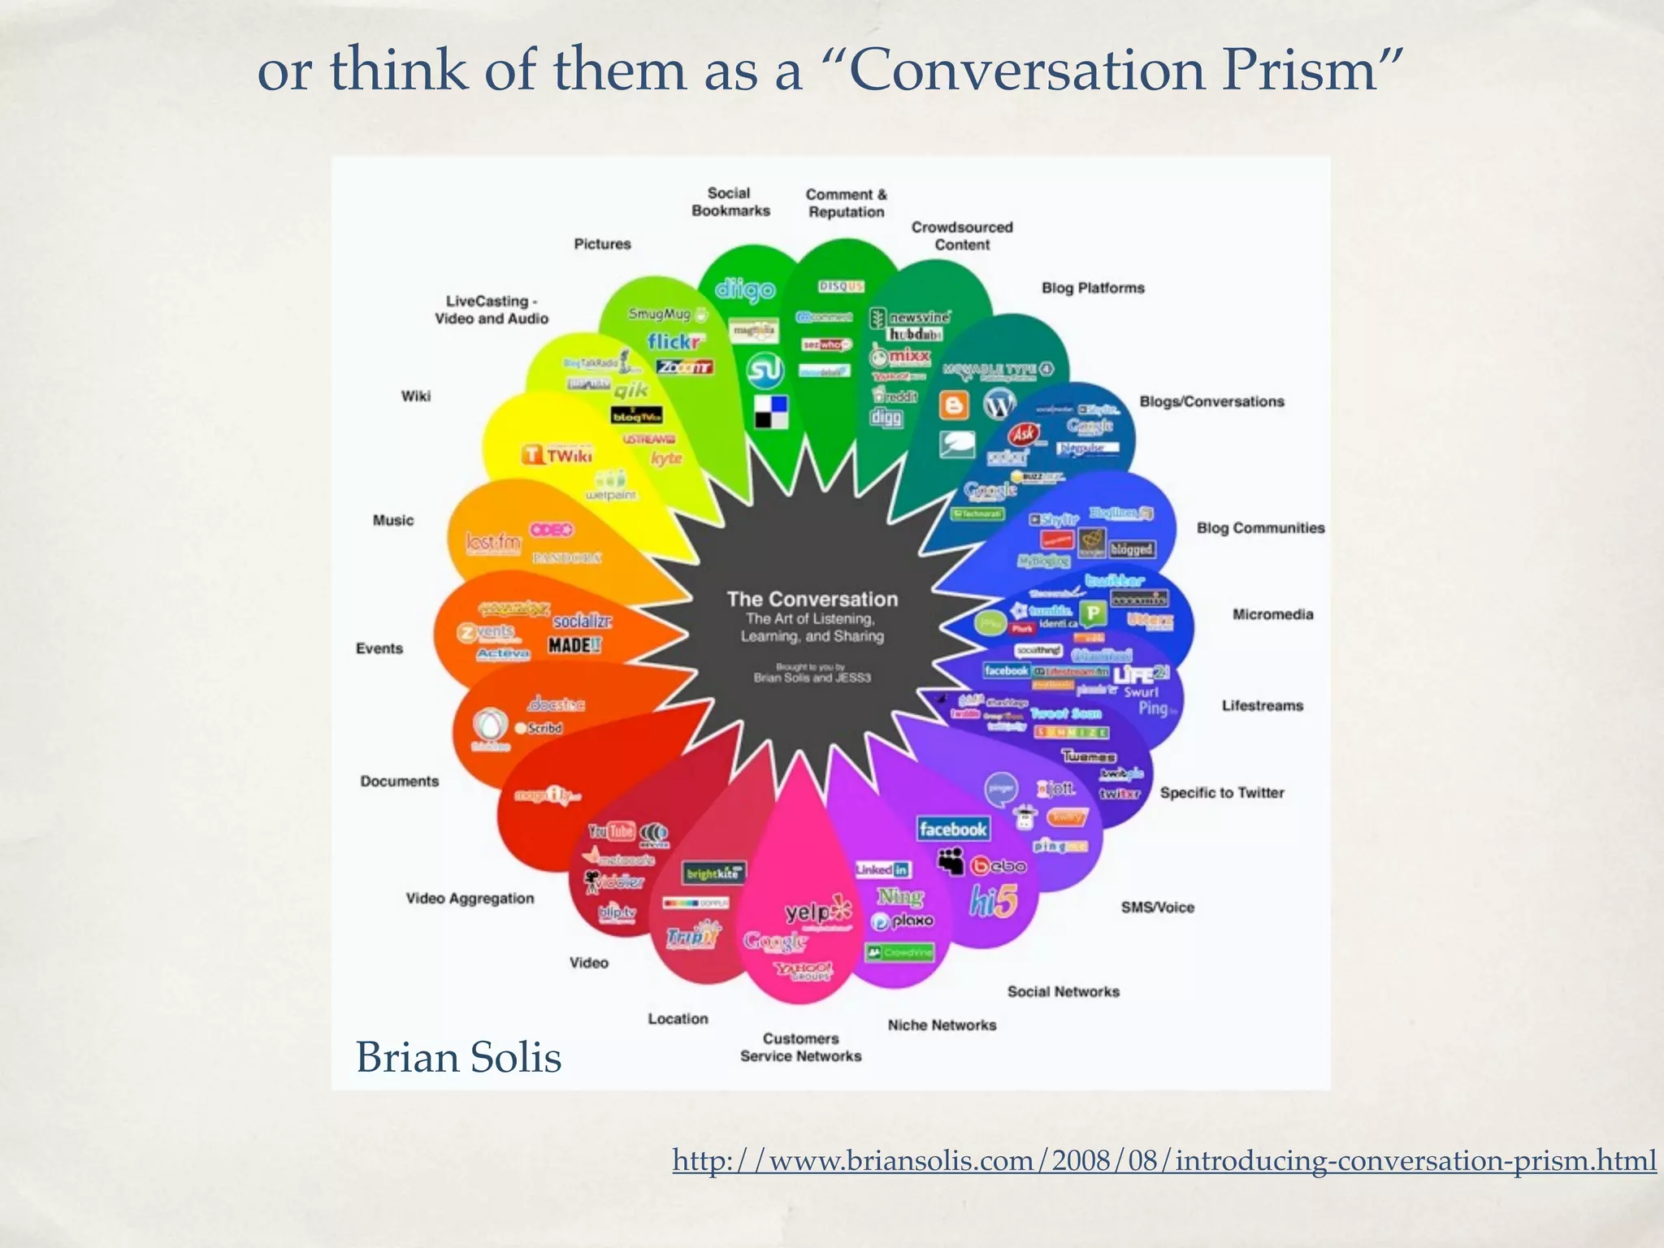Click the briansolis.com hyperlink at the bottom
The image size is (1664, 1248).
point(1163,1160)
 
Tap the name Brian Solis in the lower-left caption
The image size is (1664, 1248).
point(459,1058)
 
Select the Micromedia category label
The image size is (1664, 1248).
point(1272,614)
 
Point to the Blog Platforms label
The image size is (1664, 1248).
point(1093,288)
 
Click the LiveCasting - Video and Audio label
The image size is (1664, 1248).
point(492,310)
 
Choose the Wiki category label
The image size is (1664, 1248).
point(415,396)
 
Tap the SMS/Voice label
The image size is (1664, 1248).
point(1157,908)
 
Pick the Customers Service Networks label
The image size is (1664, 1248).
point(800,1047)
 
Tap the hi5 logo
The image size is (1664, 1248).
point(993,901)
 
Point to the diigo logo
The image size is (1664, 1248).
point(745,289)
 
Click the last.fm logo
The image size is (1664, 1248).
point(492,542)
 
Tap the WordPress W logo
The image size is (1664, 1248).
point(999,404)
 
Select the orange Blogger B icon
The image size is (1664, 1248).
point(954,405)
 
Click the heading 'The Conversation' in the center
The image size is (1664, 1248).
point(812,599)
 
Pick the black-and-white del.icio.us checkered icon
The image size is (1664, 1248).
point(772,411)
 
